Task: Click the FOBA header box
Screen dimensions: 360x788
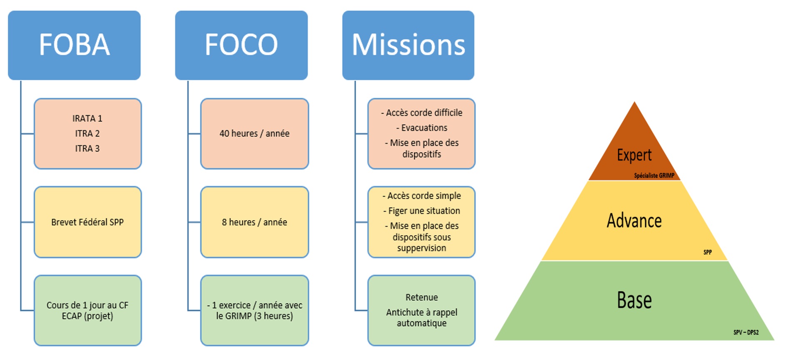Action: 74,45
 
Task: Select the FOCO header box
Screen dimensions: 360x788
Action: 241,45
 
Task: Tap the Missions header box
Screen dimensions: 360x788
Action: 408,45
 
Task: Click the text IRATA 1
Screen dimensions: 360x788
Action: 87,119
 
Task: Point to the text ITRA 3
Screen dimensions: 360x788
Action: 87,149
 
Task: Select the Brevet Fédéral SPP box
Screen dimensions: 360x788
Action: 87,222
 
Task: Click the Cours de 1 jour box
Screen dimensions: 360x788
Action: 87,310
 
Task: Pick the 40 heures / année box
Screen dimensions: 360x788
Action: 254,134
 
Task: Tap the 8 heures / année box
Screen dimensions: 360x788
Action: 254,222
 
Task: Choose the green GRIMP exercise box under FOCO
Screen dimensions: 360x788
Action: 254,310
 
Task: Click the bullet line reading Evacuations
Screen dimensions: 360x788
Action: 422,128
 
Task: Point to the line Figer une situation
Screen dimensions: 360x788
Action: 422,211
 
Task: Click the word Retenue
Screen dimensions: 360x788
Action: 422,297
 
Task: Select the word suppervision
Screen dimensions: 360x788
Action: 421,248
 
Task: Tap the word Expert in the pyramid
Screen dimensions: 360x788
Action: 634,155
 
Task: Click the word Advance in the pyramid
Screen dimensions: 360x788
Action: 634,221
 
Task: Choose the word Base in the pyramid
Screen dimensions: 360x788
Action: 634,300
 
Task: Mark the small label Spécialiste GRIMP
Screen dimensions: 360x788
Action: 654,176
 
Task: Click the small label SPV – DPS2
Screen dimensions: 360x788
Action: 746,332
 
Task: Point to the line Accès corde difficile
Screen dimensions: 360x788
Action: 422,113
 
